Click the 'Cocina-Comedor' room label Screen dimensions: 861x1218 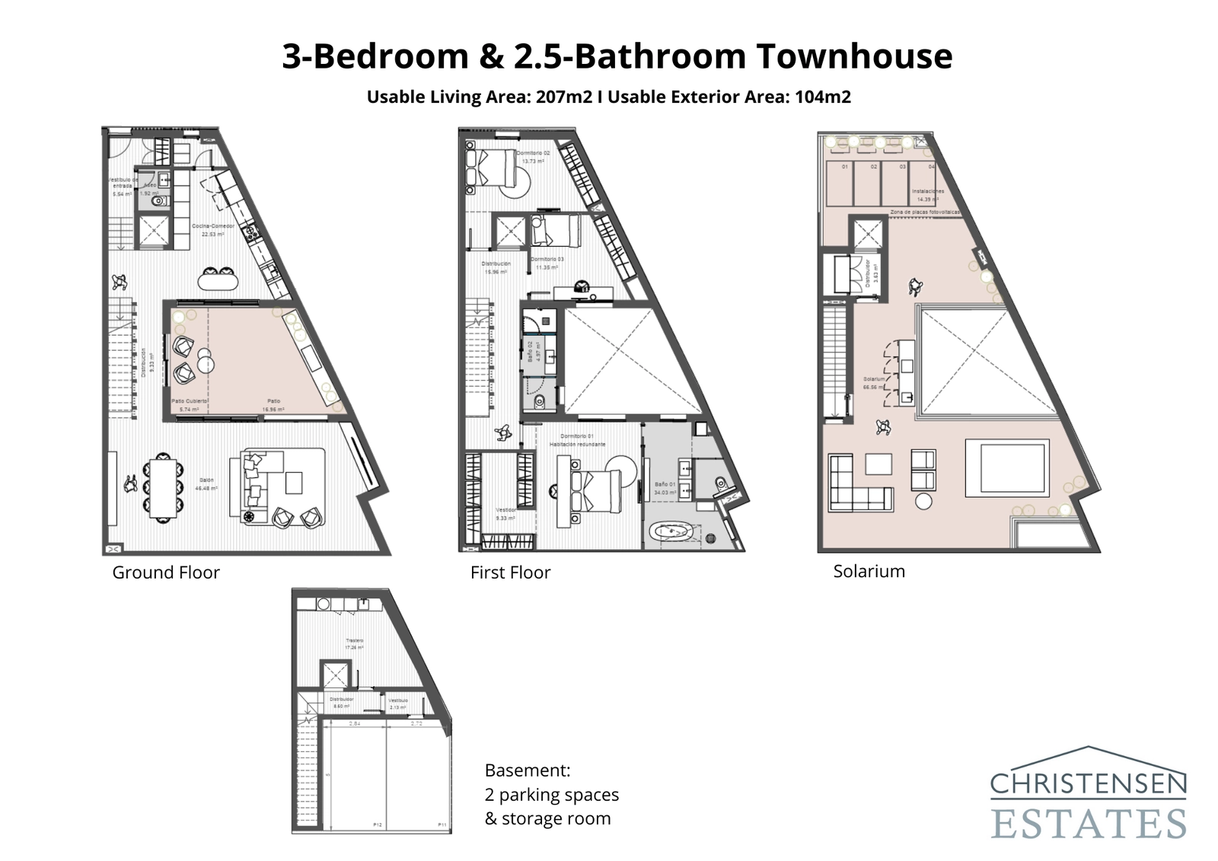(x=208, y=226)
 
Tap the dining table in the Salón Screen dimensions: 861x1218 (x=161, y=486)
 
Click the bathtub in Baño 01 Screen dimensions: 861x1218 (x=671, y=531)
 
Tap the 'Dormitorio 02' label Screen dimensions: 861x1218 (x=533, y=153)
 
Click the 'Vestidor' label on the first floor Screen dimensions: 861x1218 (x=506, y=510)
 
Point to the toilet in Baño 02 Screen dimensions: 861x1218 (x=539, y=401)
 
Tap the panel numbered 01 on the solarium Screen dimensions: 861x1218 (x=844, y=166)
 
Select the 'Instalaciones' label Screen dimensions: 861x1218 (x=929, y=191)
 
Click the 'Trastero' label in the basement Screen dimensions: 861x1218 (x=355, y=640)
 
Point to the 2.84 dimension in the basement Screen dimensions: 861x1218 (x=354, y=724)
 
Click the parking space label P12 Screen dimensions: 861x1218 (x=378, y=824)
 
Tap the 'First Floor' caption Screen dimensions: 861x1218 (x=510, y=572)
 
